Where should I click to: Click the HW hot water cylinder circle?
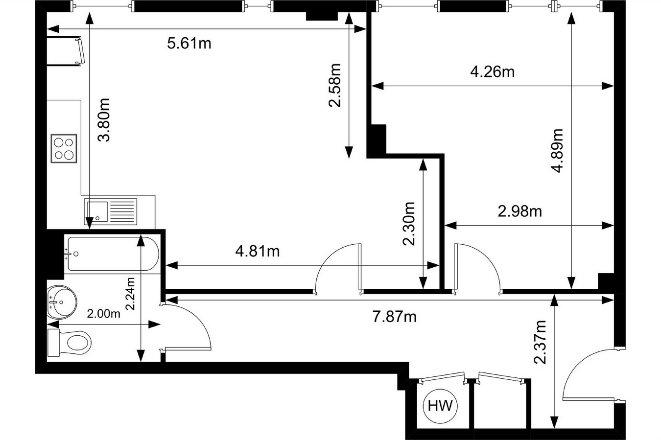[x=440, y=406]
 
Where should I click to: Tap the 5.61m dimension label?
[x=189, y=44]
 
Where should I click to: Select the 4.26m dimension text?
[x=492, y=72]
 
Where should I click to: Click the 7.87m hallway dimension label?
[x=394, y=317]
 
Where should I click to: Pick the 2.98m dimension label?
[x=519, y=211]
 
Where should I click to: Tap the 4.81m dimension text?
[x=258, y=251]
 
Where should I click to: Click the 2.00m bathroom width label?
[x=103, y=314]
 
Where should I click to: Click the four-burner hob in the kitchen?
[x=64, y=148]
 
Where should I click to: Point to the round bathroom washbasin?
[x=62, y=301]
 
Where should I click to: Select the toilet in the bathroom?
[x=70, y=342]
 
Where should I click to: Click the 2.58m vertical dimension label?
[x=335, y=85]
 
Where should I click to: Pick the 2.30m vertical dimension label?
[x=408, y=223]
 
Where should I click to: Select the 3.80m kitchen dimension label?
[x=104, y=120]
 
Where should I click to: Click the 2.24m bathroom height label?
[x=130, y=294]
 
